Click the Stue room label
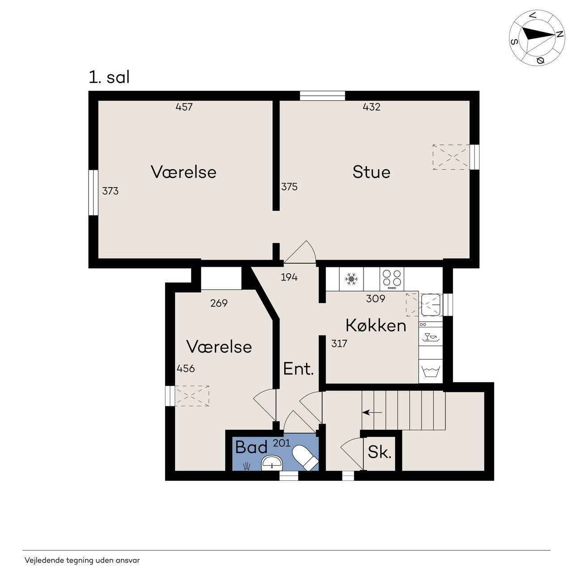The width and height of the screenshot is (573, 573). coord(371,172)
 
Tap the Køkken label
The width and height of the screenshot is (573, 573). coord(376,325)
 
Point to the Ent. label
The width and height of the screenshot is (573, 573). coord(299,369)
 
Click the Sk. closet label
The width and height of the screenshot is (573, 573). coord(380,452)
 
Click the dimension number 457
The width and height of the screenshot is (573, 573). coord(184,107)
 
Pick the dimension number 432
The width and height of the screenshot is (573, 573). coord(372,107)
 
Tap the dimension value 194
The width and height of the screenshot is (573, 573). coord(289,277)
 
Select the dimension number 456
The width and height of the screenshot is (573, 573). coord(186,368)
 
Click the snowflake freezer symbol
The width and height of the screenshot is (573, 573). coord(351,279)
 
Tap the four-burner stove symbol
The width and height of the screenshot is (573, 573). coord(392,279)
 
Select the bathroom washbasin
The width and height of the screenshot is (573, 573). coord(272,464)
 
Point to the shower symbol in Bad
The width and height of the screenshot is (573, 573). coord(246,466)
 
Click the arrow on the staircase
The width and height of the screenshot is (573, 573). coord(372,412)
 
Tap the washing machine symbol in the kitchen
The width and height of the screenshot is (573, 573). coord(430,372)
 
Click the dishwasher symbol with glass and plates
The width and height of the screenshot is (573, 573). coord(430,338)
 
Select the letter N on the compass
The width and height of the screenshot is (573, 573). coord(559,34)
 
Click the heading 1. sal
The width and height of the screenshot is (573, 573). coord(109,77)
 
